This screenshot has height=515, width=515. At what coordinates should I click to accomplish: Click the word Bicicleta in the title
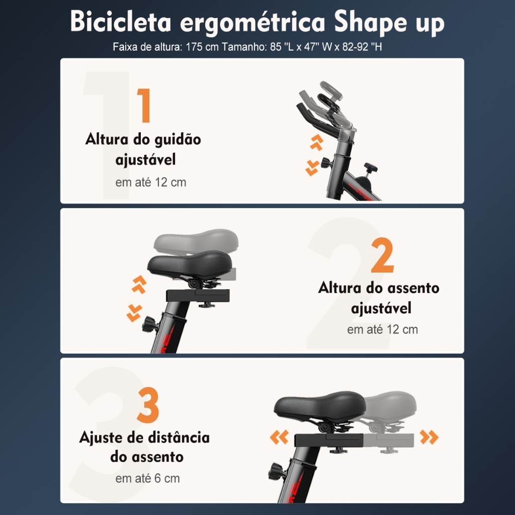[121, 22]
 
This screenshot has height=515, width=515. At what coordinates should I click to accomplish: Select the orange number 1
[143, 105]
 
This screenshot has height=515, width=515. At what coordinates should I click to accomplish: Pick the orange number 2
[382, 255]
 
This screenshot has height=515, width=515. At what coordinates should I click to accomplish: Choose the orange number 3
[148, 405]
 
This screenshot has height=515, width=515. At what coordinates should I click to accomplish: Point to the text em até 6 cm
[147, 478]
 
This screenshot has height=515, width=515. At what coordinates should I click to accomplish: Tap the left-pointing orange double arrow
[279, 437]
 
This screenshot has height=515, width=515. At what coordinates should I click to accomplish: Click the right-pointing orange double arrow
[429, 437]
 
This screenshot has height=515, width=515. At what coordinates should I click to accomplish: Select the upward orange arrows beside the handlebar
[317, 142]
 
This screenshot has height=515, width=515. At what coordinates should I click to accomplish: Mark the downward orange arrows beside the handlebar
[312, 168]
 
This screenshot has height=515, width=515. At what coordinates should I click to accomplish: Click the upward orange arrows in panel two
[139, 284]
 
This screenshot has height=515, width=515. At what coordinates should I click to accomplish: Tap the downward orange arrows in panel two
[134, 313]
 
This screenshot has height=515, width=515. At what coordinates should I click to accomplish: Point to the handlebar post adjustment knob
[326, 162]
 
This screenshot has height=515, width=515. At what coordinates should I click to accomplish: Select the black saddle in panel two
[190, 264]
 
